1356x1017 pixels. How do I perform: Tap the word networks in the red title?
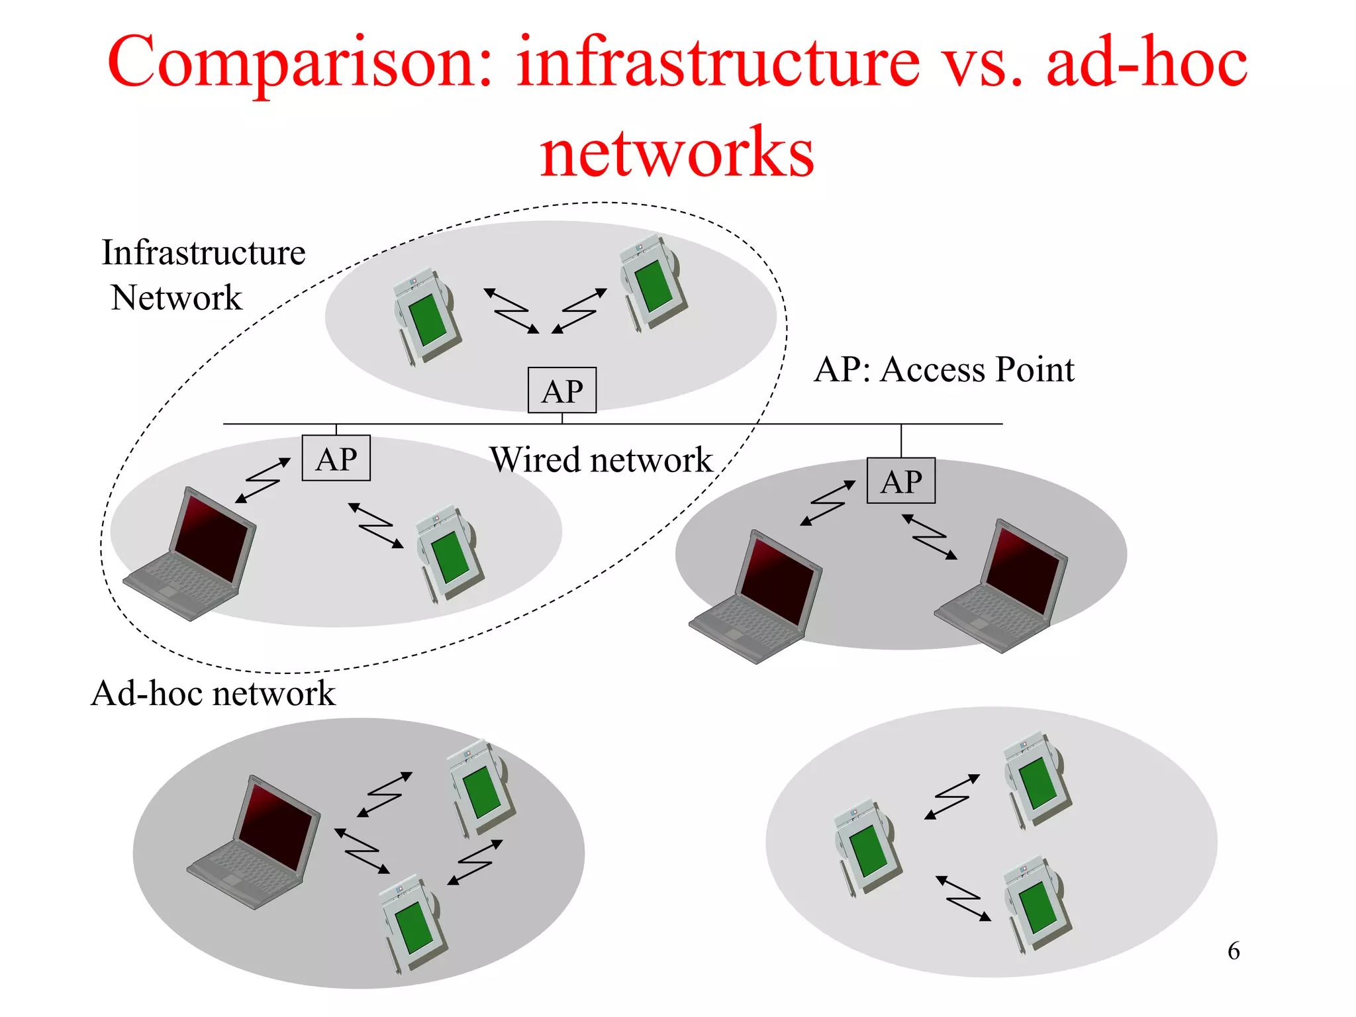[x=677, y=154]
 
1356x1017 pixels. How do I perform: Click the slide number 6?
[x=1234, y=951]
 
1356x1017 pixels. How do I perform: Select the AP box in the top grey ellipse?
[x=562, y=391]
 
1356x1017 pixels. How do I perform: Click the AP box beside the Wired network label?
[x=336, y=458]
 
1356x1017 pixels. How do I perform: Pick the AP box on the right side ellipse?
[x=901, y=481]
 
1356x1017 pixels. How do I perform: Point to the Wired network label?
[x=601, y=460]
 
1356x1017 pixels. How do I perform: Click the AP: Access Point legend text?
[x=944, y=369]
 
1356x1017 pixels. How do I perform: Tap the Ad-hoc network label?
[x=213, y=693]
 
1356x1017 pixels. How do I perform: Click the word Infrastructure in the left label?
[x=203, y=253]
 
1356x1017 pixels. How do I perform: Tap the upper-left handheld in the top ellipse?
[x=426, y=316]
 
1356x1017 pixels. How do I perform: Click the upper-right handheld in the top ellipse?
[x=651, y=281]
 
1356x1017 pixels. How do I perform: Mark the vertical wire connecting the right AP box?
[x=901, y=440]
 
